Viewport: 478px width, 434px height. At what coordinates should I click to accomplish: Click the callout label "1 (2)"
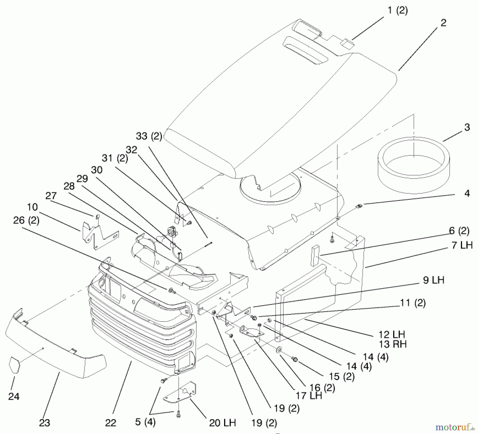[398, 11]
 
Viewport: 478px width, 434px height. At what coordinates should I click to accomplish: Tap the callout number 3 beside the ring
[467, 127]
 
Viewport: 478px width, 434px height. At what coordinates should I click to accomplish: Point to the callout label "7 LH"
[462, 245]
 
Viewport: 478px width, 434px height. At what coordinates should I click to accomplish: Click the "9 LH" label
[433, 280]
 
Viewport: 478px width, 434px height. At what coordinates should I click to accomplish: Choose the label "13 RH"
[392, 344]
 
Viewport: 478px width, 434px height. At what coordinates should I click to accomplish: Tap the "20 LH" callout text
[222, 423]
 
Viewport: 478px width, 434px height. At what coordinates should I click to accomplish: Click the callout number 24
[14, 397]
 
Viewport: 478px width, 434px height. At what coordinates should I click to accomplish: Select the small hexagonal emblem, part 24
[15, 365]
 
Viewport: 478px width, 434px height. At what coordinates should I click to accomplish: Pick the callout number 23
[44, 423]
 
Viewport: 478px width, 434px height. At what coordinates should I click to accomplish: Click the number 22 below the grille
[110, 423]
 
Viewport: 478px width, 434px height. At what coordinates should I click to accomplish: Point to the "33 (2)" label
[149, 136]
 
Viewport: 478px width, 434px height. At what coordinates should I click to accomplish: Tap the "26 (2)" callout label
[26, 220]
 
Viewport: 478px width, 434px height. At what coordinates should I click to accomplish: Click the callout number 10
[32, 207]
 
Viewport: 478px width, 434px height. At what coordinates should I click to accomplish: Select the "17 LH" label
[309, 396]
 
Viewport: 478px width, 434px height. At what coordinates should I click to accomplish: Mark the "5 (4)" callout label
[145, 422]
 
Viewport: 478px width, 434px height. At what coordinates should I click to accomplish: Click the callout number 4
[467, 193]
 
